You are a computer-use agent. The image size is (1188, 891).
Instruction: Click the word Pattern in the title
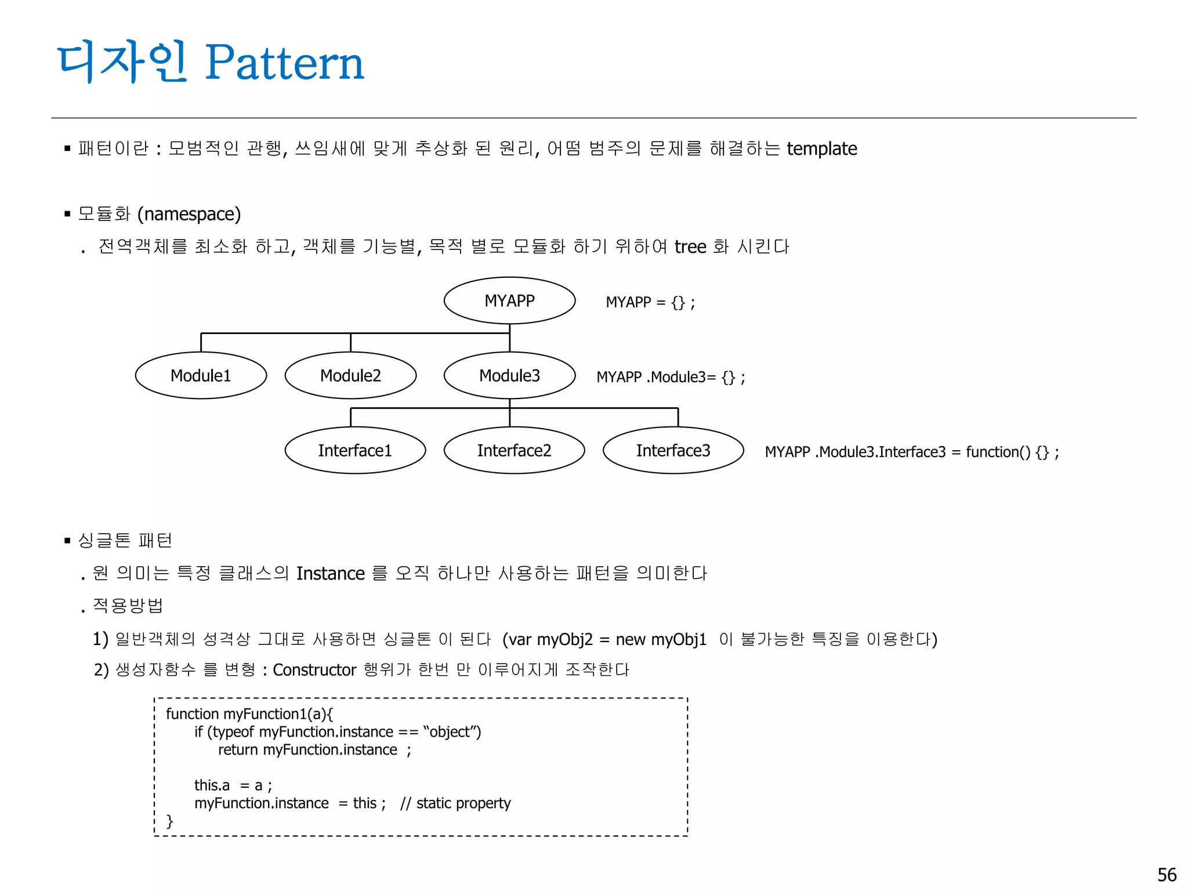(284, 63)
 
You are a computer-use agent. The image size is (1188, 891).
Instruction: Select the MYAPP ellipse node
(509, 300)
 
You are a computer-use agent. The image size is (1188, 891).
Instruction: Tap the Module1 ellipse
(201, 375)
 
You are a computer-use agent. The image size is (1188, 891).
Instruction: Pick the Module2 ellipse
(350, 375)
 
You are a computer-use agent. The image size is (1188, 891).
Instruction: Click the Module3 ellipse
(509, 375)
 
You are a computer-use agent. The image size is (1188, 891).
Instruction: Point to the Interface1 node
(355, 450)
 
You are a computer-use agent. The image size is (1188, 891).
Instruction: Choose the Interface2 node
(514, 450)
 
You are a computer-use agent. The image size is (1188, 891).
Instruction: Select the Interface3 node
(673, 450)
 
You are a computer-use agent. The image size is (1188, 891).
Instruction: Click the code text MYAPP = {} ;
(650, 302)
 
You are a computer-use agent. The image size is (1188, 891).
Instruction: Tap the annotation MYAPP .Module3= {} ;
(671, 377)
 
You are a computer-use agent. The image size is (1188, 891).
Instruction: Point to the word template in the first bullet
(821, 149)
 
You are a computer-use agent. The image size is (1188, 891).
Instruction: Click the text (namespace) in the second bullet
(189, 214)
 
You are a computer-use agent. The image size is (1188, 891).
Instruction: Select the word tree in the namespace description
(690, 247)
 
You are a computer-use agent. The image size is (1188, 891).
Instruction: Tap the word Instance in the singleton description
(330, 574)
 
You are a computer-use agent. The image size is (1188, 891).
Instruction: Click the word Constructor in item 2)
(314, 670)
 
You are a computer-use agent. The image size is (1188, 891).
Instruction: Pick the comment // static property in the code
(455, 803)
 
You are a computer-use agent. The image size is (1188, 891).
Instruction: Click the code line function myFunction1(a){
(249, 714)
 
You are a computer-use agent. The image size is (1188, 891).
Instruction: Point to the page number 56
(1167, 875)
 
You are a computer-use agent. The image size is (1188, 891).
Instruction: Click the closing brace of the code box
(169, 821)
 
